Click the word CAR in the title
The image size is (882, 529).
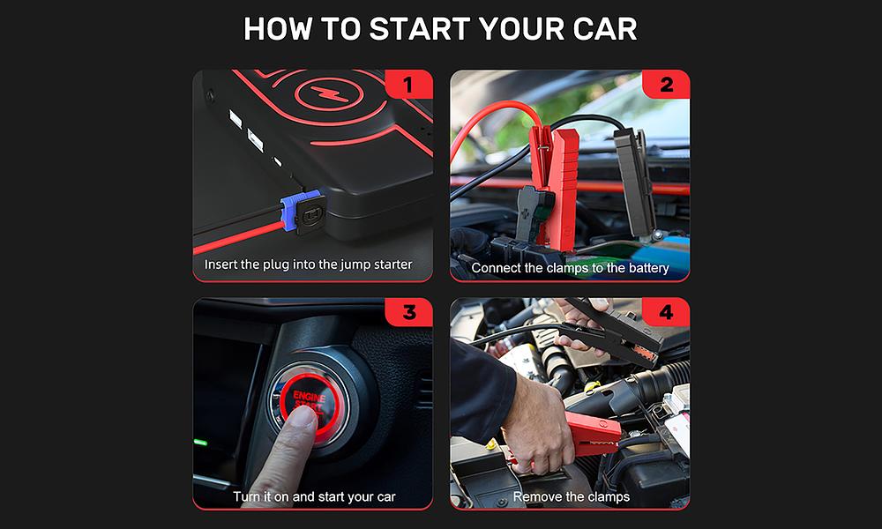pyautogui.click(x=605, y=29)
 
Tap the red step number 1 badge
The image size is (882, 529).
pyautogui.click(x=409, y=85)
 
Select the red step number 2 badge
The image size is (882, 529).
pyautogui.click(x=666, y=85)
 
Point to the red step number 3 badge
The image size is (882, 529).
pyautogui.click(x=409, y=312)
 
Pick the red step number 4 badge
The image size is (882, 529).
pyautogui.click(x=666, y=312)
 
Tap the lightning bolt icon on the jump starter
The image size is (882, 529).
pyautogui.click(x=329, y=93)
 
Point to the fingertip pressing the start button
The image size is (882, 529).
pyautogui.click(x=303, y=419)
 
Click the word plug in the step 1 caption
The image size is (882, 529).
pyautogui.click(x=276, y=264)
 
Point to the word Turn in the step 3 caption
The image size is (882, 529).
pyautogui.click(x=246, y=497)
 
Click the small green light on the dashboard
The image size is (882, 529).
pyautogui.click(x=200, y=443)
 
